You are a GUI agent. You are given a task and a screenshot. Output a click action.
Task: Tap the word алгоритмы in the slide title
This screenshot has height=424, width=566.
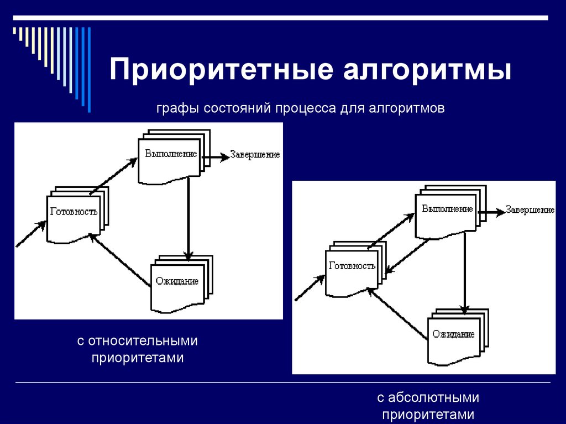[x=427, y=71]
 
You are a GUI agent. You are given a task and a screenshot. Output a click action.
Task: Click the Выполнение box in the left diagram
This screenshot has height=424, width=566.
[x=170, y=158]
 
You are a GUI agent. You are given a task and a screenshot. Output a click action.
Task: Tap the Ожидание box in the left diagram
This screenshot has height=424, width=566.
[x=177, y=284]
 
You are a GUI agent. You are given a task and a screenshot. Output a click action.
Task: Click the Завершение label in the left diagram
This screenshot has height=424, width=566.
[x=255, y=155]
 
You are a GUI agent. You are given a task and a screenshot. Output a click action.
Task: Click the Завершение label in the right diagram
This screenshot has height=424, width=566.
[x=530, y=211]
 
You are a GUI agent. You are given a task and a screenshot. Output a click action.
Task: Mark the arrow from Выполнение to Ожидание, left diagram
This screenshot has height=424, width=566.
[x=188, y=218]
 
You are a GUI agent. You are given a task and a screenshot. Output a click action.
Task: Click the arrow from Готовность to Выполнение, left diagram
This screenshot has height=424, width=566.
[x=113, y=176]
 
